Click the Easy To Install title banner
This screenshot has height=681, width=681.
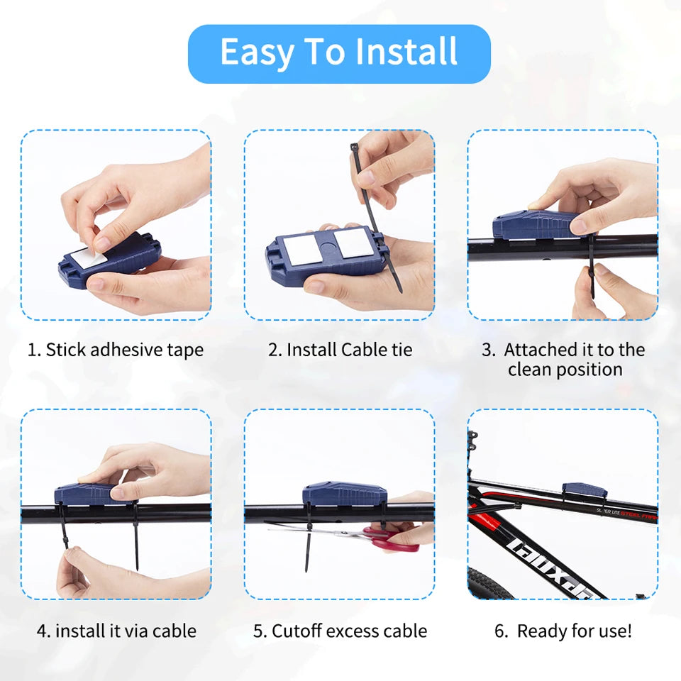tap(339, 53)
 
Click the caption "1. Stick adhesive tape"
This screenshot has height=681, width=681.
tap(116, 350)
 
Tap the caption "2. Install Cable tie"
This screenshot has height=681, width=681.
tap(340, 350)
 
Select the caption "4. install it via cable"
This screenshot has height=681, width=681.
tap(116, 631)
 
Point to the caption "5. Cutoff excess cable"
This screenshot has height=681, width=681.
tap(340, 631)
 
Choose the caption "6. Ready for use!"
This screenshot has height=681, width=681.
tap(563, 631)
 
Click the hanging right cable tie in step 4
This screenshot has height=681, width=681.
tap(135, 543)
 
